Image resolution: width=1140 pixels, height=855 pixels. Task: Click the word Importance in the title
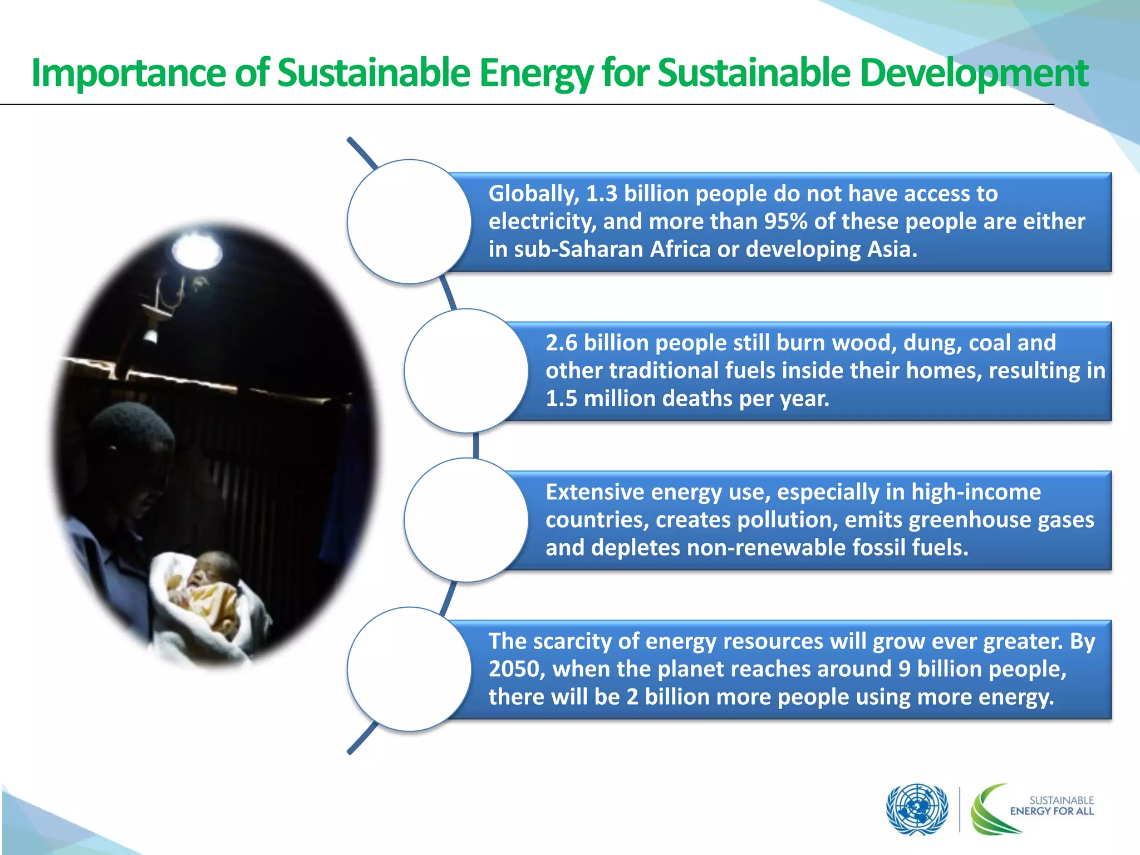tap(129, 73)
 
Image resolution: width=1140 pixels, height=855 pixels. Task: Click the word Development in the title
tap(974, 73)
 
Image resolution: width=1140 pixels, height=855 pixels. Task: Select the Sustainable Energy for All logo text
tap(1051, 805)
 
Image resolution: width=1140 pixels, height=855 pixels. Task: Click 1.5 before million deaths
tap(561, 399)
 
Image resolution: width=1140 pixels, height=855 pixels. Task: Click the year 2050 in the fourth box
tap(516, 669)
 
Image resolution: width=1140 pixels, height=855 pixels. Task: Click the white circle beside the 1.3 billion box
tap(409, 222)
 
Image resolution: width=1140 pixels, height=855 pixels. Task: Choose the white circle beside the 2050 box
tap(409, 669)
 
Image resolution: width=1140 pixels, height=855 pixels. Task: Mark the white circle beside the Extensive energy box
tap(466, 520)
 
